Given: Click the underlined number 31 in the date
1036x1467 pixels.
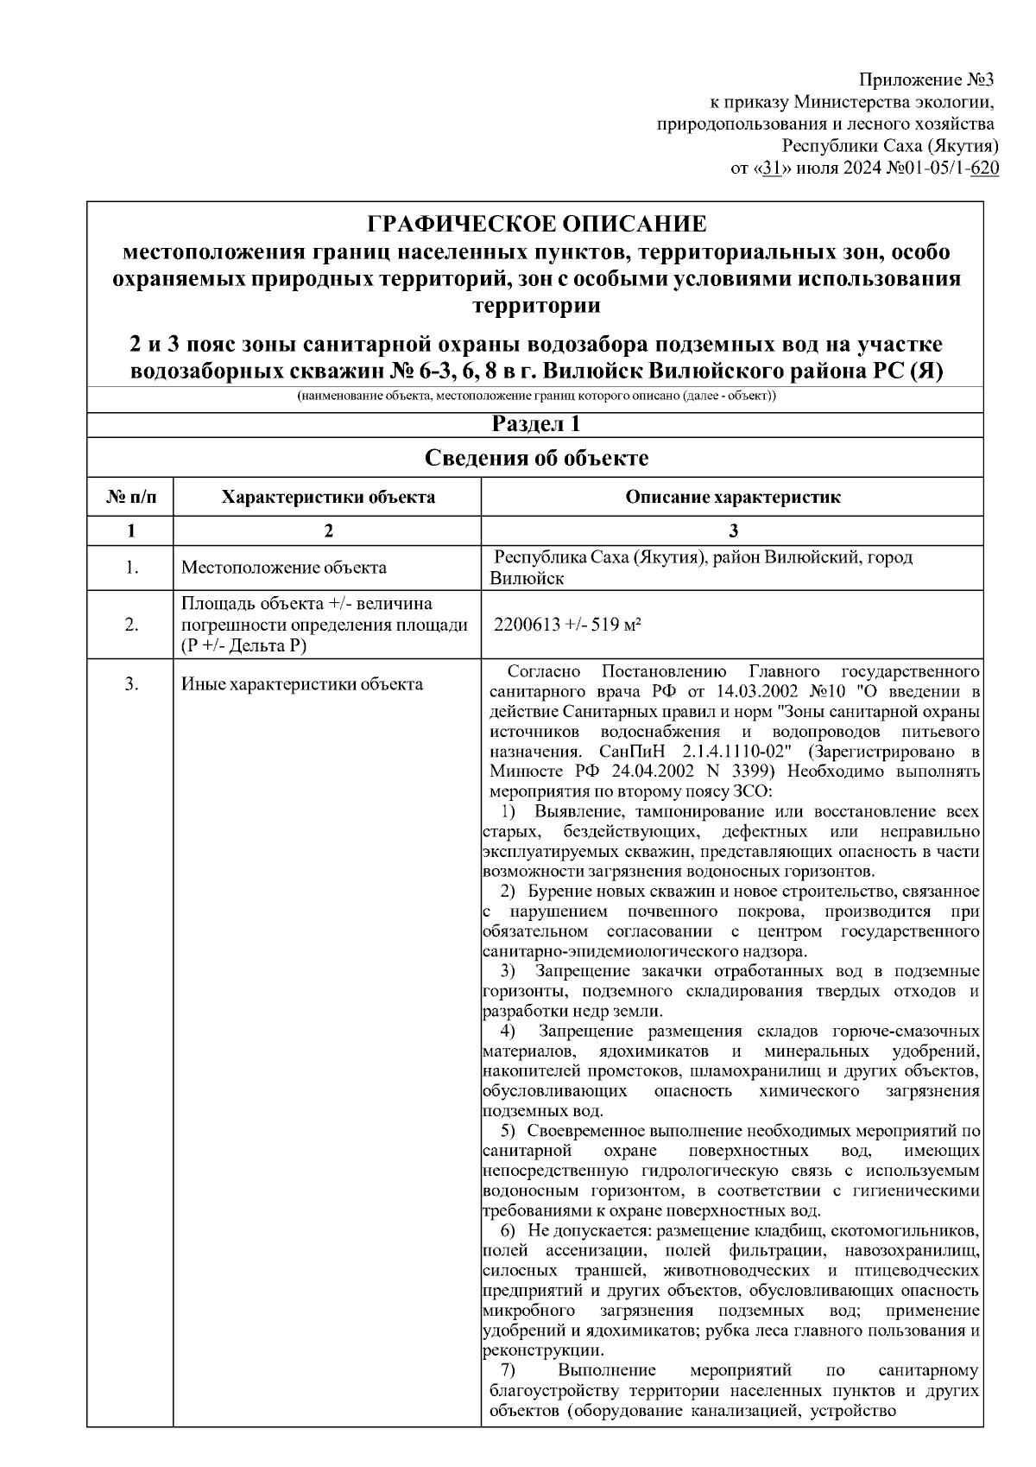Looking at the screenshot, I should point(771,168).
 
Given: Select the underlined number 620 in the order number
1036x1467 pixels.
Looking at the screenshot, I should point(985,168).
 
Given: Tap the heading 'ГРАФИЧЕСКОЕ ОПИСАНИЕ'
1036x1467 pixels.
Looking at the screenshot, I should point(536,225).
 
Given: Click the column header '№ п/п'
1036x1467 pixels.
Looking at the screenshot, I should point(131,498).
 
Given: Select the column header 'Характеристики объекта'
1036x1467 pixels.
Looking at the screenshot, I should point(328,498).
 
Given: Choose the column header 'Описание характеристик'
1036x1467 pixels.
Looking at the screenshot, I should point(732,498).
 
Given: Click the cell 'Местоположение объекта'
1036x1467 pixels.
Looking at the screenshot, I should point(284,568).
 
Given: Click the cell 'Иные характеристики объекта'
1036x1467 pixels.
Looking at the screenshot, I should point(302,684).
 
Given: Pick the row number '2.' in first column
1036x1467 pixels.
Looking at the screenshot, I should point(131,625).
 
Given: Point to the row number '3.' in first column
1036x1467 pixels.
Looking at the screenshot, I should point(131,684).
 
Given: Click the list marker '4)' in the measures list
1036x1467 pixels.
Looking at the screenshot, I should point(509,1031).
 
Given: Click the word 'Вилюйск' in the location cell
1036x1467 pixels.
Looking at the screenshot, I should point(526,579).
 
